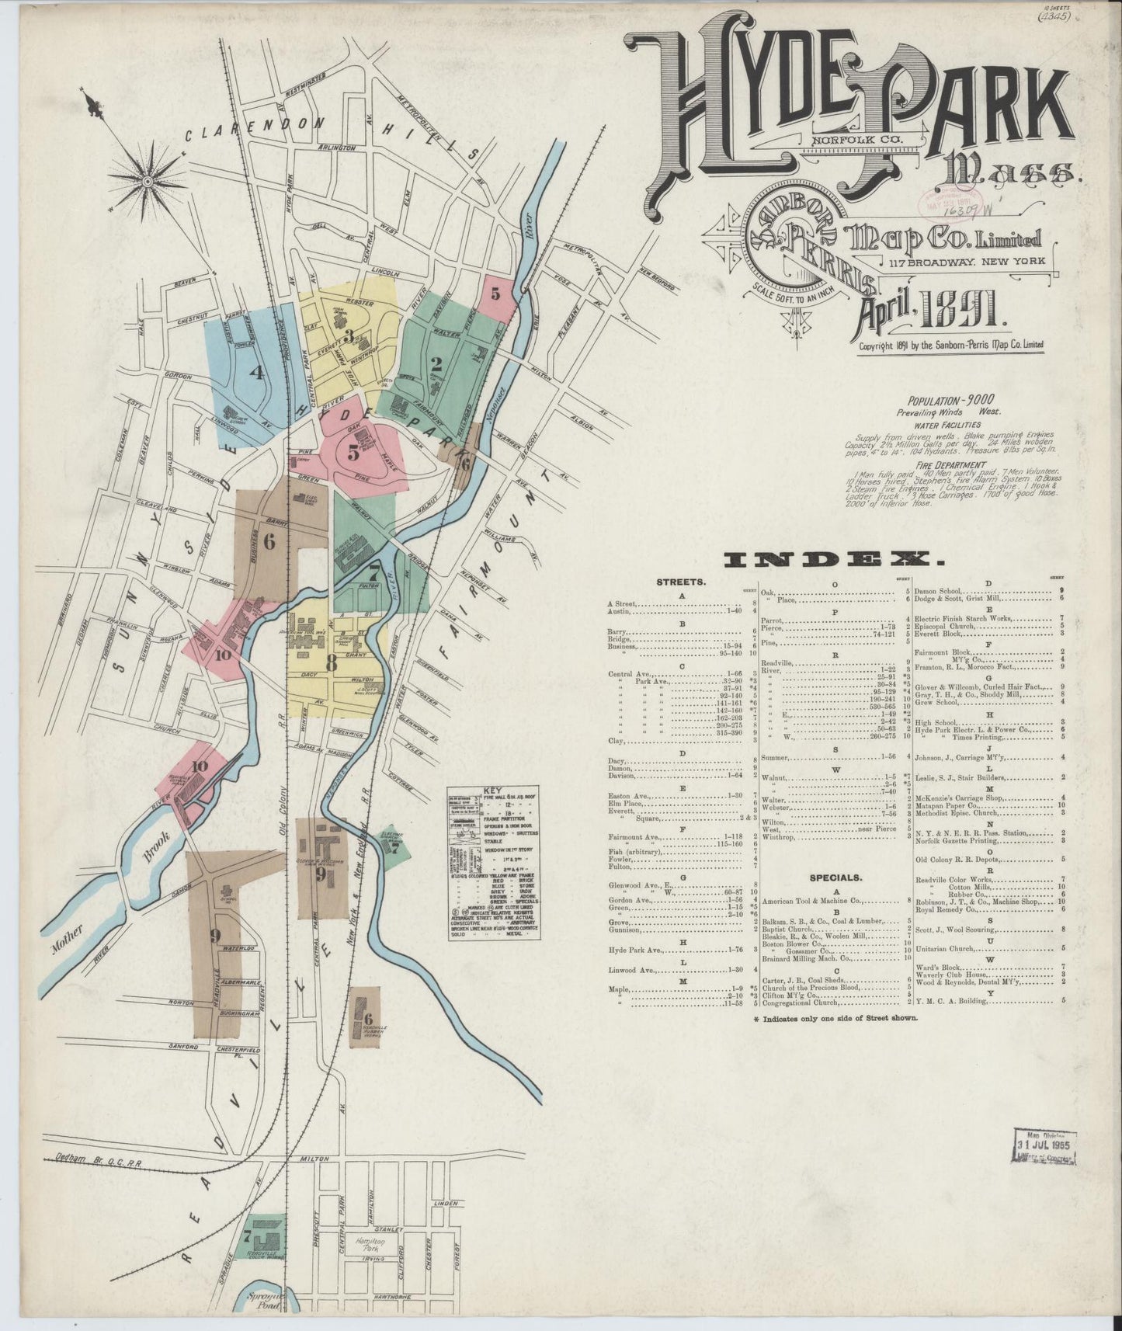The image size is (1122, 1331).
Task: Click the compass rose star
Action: pos(147,182)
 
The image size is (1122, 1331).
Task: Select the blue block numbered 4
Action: pos(255,372)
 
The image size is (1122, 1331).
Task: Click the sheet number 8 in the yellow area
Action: pos(332,663)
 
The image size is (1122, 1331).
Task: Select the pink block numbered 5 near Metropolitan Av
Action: pos(495,294)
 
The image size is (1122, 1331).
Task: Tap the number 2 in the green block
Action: pos(436,362)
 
